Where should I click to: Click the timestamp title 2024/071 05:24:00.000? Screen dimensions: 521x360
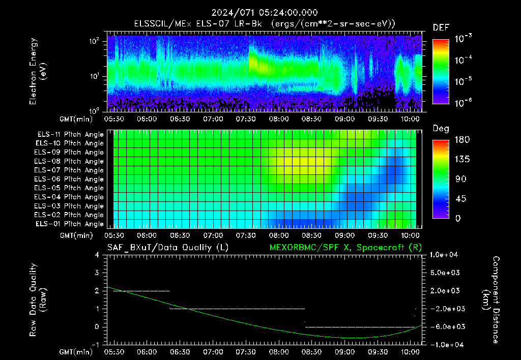click(x=265, y=13)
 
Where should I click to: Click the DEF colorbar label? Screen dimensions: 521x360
click(x=441, y=27)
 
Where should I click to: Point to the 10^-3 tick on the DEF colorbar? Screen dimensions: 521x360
click(x=463, y=39)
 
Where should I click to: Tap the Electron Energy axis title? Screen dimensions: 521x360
click(x=38, y=71)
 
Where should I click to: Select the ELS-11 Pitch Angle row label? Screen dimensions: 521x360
click(x=70, y=135)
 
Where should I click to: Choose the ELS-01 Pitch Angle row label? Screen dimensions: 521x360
click(x=70, y=224)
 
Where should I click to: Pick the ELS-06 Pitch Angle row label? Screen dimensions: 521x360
click(x=69, y=179)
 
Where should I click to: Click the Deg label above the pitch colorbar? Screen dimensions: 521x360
click(x=441, y=129)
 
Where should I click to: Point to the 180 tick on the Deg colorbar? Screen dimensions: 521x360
click(x=462, y=139)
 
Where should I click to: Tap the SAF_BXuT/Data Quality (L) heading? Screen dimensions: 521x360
click(x=168, y=248)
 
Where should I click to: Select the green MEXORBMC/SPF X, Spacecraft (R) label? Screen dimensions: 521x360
click(x=345, y=248)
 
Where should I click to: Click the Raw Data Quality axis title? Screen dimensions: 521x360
click(x=38, y=300)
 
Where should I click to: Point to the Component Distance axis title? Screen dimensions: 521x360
click(x=491, y=300)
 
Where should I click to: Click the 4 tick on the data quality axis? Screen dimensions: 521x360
click(x=97, y=255)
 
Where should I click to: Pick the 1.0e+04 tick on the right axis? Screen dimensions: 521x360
click(x=444, y=255)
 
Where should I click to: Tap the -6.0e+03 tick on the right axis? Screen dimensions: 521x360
click(x=445, y=327)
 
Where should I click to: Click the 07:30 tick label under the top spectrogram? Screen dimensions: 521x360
click(x=246, y=119)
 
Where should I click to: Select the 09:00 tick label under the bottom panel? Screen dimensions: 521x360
click(x=344, y=352)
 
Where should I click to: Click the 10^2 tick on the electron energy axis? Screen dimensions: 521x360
click(x=94, y=41)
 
